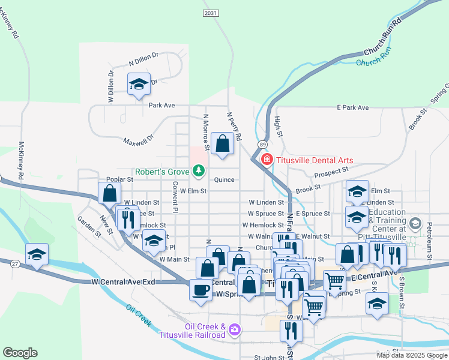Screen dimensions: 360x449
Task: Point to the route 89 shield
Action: click(x=263, y=145)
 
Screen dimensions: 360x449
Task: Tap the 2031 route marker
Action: click(x=211, y=13)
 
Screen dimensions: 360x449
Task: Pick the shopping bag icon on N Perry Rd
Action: click(x=223, y=143)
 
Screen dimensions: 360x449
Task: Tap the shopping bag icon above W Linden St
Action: click(x=109, y=193)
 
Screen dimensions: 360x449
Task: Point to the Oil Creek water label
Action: click(x=139, y=314)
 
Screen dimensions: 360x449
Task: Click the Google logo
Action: click(x=20, y=353)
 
